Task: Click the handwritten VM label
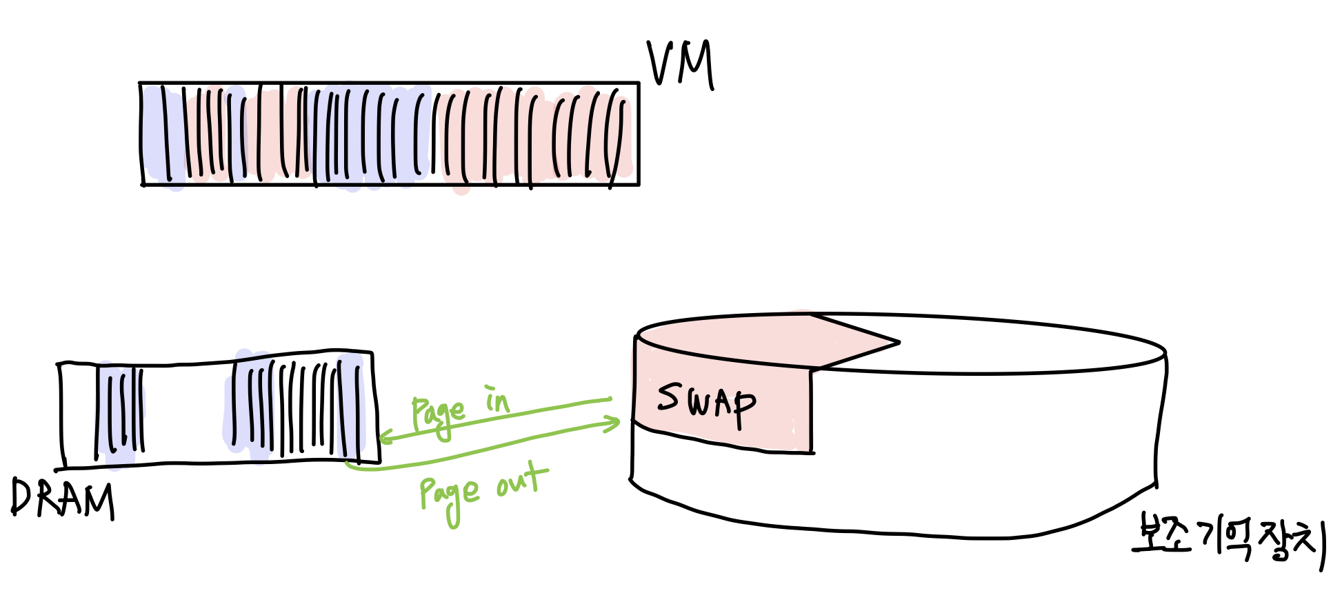point(680,64)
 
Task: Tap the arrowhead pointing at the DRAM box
point(384,437)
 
